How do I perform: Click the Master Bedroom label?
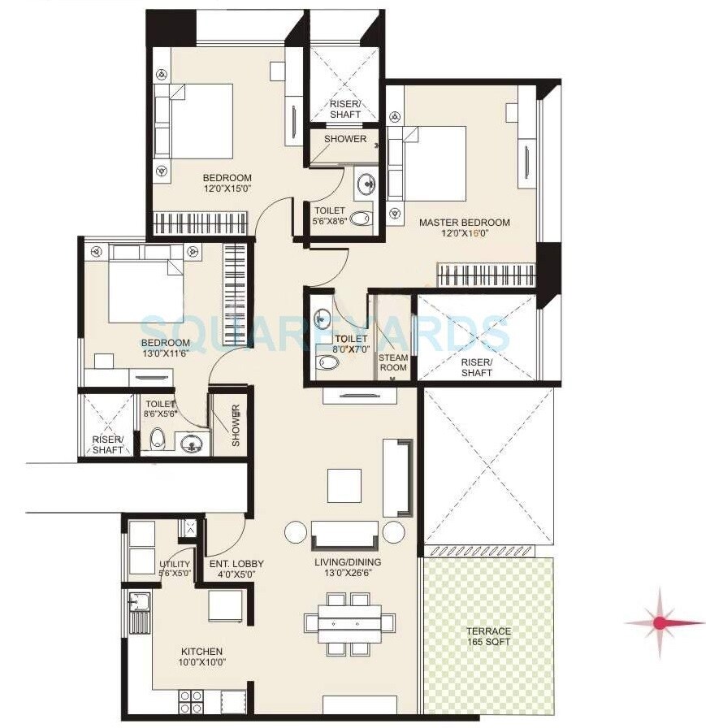464,223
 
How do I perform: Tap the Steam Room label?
393,362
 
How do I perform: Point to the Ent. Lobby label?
236,569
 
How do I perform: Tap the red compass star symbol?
660,623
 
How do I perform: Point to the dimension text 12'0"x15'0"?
227,190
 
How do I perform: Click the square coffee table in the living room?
344,485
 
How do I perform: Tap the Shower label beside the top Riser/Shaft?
344,139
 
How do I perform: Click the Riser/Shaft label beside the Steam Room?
477,367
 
